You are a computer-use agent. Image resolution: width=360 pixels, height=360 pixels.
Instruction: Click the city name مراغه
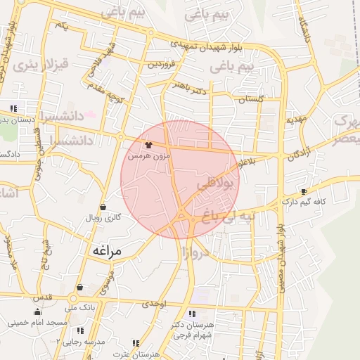click(106, 250)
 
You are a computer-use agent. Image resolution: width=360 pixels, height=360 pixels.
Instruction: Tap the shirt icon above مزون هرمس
click(148, 145)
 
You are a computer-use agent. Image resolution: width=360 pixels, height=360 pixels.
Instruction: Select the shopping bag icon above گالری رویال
click(104, 207)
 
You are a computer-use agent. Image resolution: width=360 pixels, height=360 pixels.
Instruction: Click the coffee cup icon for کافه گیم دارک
click(304, 191)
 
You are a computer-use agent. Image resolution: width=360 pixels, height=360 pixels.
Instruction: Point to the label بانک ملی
click(79, 307)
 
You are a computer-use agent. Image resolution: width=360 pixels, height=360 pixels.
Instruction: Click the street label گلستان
click(250, 99)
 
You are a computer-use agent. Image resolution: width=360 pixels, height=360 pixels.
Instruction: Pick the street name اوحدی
click(154, 304)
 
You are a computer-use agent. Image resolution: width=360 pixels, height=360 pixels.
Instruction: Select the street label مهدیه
click(295, 120)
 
